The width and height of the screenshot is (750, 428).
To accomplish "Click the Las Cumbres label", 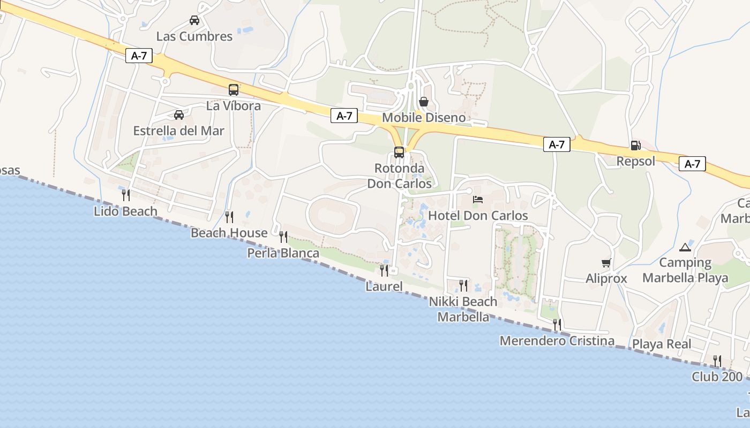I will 194,36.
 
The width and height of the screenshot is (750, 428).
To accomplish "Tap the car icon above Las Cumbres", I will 194,20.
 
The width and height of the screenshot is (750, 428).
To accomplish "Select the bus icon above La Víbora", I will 234,90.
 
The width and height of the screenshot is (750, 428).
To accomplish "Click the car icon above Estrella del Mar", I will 179,114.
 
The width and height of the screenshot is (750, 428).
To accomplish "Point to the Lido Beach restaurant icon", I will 125,195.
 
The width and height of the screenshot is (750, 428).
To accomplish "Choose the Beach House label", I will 229,233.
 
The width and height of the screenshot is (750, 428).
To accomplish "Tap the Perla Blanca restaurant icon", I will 283,236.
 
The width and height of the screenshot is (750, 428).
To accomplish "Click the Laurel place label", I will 384,286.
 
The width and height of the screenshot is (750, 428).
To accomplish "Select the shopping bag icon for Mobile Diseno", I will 424,101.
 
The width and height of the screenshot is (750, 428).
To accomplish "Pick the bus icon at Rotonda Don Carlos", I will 399,152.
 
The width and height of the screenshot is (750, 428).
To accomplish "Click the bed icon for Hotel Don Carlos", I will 478,200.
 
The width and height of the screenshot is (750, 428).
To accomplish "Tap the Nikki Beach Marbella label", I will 463,309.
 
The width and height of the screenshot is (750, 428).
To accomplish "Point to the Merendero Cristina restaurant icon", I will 557,324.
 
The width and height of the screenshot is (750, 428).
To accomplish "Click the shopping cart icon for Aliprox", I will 606,263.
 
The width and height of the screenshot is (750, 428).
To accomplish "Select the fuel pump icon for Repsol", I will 635,145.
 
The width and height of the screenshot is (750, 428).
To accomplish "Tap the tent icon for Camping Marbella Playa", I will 685,247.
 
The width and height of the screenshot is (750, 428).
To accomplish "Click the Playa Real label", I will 662,344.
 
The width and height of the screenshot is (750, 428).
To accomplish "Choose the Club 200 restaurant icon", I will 717,361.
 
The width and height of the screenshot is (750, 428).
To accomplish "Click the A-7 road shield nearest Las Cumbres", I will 139,55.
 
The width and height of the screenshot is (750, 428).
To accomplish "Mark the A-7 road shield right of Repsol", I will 692,164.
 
